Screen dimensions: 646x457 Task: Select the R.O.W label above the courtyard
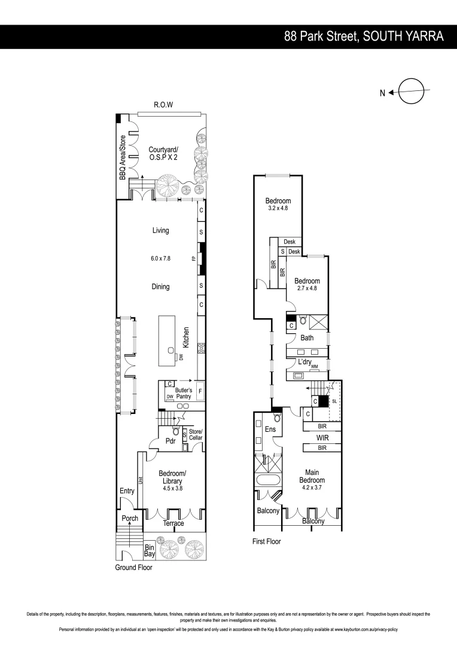click(163, 105)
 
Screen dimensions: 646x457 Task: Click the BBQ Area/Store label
click(122, 157)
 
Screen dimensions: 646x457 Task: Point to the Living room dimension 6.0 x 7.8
click(160, 259)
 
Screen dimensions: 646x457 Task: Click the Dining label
click(160, 287)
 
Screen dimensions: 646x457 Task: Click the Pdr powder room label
click(169, 441)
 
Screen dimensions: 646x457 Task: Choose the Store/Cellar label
click(196, 435)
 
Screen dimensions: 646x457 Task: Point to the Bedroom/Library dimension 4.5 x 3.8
click(172, 489)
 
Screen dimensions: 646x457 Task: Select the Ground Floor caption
click(134, 568)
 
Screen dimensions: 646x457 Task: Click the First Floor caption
click(266, 541)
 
